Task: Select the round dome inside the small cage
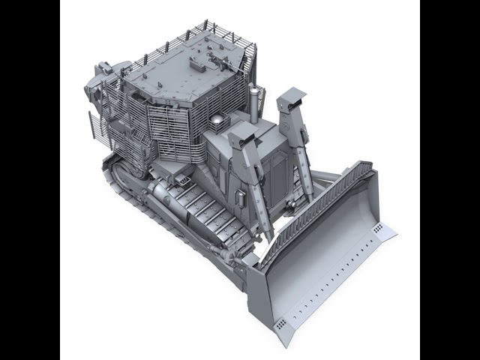[216, 121]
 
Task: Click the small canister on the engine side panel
[241, 196]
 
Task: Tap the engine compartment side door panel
[277, 176]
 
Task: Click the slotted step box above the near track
[179, 178]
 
